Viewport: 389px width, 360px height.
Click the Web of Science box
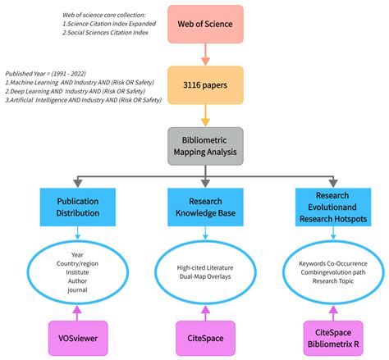[x=205, y=24]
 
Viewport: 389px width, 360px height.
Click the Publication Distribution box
[x=77, y=207]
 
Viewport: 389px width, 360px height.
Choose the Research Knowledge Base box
[x=205, y=207]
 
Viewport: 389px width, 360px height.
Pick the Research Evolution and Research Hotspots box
[x=333, y=207]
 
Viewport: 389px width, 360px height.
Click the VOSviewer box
[x=77, y=337]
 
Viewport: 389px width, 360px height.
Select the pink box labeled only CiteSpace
[x=205, y=337]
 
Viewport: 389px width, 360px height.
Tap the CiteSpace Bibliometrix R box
[x=333, y=337]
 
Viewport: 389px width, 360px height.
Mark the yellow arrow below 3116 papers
[x=205, y=114]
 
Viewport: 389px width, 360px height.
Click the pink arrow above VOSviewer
[x=77, y=309]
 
